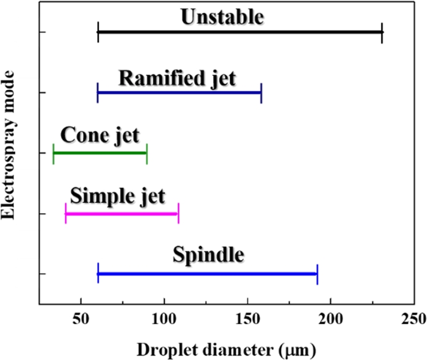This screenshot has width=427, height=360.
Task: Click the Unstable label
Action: click(x=222, y=17)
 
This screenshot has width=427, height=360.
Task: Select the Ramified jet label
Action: click(x=177, y=78)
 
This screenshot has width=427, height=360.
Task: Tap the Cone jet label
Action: click(x=100, y=136)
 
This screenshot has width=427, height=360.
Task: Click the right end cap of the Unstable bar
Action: click(x=382, y=32)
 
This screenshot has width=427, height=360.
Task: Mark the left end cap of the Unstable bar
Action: click(x=98, y=32)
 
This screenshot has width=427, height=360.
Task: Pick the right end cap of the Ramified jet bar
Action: click(x=261, y=92)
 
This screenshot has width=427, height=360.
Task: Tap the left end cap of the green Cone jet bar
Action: click(x=53, y=153)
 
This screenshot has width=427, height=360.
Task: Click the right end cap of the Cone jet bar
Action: click(x=146, y=153)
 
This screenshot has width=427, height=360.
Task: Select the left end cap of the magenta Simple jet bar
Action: click(x=65, y=214)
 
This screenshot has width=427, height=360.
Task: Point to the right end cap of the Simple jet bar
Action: click(x=178, y=214)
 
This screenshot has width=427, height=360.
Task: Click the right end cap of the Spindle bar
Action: click(x=317, y=274)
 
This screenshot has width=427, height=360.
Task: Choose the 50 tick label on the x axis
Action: click(x=81, y=320)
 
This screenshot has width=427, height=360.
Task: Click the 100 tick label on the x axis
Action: click(x=164, y=320)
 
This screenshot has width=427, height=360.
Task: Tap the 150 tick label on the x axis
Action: click(x=248, y=320)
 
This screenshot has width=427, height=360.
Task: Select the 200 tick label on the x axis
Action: click(x=331, y=320)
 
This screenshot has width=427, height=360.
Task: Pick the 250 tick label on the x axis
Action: click(x=414, y=320)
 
